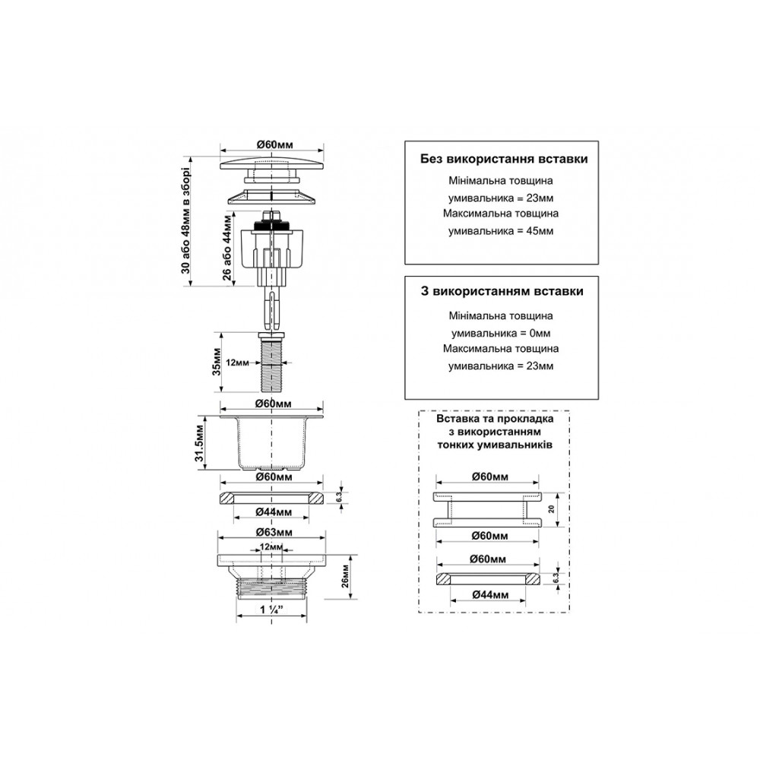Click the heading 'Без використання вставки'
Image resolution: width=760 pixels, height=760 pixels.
504,159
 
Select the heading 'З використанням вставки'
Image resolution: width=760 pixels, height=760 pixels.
502,291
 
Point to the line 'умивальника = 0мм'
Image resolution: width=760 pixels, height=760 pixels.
501,334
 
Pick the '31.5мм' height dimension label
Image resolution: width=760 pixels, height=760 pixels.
200,442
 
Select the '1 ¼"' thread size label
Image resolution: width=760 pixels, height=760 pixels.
271,610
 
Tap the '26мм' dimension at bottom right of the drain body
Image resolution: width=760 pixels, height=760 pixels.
345,576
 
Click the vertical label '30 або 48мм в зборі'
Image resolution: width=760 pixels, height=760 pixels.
186,221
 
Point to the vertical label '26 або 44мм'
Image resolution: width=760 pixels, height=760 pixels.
226,248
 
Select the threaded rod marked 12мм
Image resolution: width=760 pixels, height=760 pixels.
271,362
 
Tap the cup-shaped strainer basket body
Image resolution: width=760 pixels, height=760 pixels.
271,442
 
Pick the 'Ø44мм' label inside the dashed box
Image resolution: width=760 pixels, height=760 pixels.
490,594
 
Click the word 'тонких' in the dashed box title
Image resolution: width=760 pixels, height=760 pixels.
458,445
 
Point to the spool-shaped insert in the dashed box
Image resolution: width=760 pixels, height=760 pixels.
487,509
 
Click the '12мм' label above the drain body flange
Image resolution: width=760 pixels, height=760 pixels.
271,546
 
